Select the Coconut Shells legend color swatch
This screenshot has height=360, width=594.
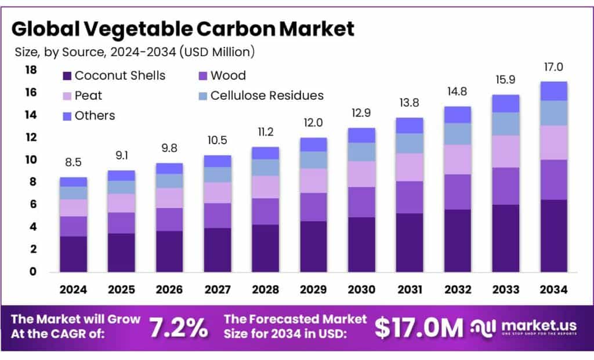click(66, 76)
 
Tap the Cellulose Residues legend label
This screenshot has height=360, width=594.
click(267, 95)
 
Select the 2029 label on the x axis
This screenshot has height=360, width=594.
click(313, 289)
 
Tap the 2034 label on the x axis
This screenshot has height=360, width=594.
click(553, 289)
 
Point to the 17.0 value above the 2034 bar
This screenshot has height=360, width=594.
click(553, 67)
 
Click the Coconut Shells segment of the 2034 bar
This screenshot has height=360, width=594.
click(553, 235)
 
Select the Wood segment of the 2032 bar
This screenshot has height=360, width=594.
click(457, 192)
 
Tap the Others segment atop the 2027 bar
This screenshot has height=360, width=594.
click(218, 161)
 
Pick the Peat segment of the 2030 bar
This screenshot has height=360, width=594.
click(361, 174)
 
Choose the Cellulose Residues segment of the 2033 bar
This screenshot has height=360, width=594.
click(505, 123)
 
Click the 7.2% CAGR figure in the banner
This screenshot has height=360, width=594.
click(178, 328)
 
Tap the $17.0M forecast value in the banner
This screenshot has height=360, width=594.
click(418, 328)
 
